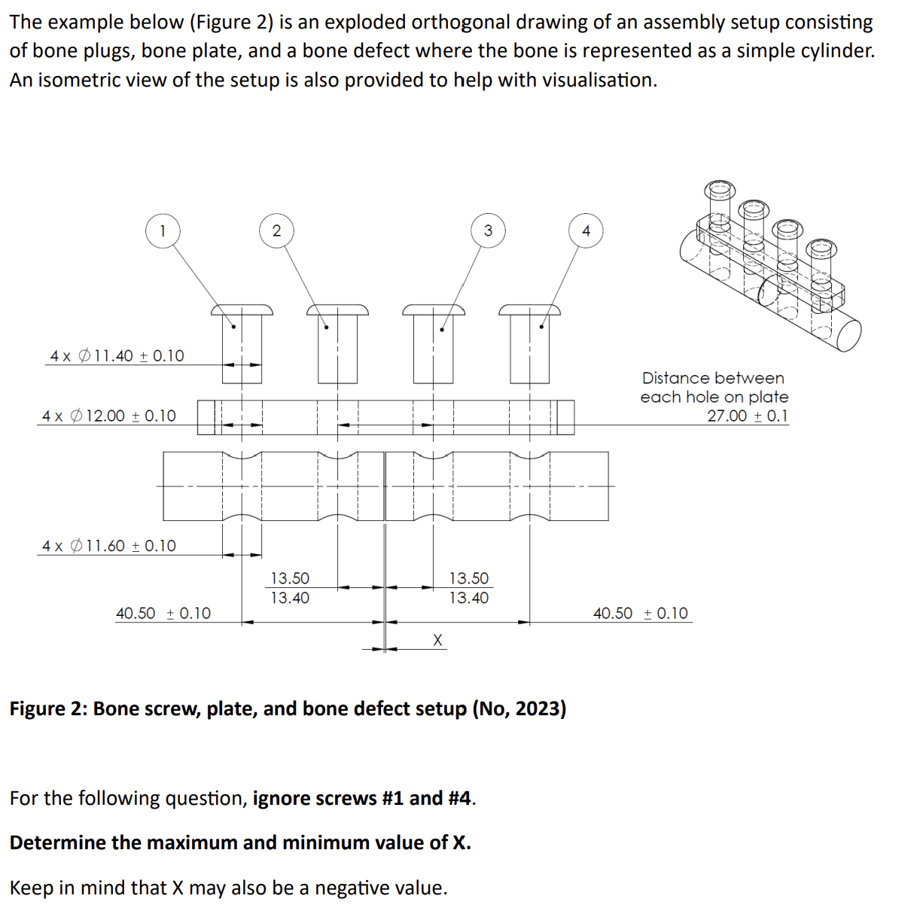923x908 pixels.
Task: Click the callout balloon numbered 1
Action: pyautogui.click(x=163, y=230)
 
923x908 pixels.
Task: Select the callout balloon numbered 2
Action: pyautogui.click(x=276, y=230)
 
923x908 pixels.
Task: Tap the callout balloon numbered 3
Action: pyautogui.click(x=488, y=230)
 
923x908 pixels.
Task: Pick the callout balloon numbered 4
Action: pyautogui.click(x=586, y=230)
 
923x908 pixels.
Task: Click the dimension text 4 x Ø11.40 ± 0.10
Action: pyautogui.click(x=117, y=355)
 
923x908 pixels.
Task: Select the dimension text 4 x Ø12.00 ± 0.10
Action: pyautogui.click(x=109, y=416)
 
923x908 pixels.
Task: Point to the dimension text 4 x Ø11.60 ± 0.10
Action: pyautogui.click(x=109, y=546)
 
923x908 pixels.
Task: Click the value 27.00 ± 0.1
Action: pyautogui.click(x=747, y=416)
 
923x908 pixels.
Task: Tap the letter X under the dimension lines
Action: pyautogui.click(x=438, y=640)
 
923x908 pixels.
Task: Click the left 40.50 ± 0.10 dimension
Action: pyautogui.click(x=163, y=614)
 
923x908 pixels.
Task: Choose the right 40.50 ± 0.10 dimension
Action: pyautogui.click(x=641, y=614)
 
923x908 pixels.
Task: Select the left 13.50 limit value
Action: pyautogui.click(x=290, y=578)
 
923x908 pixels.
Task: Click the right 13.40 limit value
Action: pyautogui.click(x=469, y=598)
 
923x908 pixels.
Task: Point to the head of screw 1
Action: pyautogui.click(x=242, y=309)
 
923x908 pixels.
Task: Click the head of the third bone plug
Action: pyautogui.click(x=434, y=309)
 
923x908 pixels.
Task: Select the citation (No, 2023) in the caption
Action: pyautogui.click(x=519, y=709)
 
